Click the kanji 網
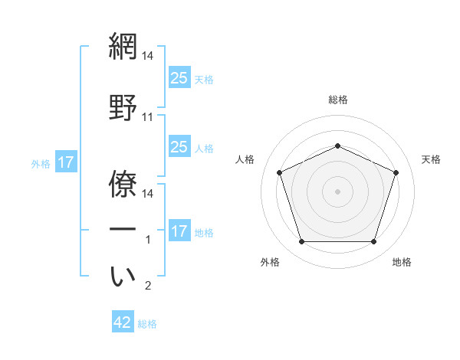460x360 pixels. tap(123, 47)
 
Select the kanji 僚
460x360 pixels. tap(123, 177)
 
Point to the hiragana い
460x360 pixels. tap(123, 277)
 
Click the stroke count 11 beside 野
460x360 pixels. tap(148, 117)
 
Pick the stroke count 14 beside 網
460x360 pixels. tap(148, 56)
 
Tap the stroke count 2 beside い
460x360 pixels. tap(148, 286)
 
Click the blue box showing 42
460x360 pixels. tap(123, 322)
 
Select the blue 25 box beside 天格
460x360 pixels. tap(179, 78)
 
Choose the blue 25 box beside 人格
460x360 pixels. tap(179, 147)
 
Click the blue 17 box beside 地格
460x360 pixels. tap(179, 231)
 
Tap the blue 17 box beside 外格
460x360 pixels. tap(65, 162)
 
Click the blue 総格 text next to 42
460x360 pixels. tap(147, 324)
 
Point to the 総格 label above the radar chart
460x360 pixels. tap(338, 100)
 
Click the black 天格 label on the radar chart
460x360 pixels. tap(431, 159)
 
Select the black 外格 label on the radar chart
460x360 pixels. tap(270, 262)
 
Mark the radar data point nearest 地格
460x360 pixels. tap(373, 242)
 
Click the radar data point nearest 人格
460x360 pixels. tap(279, 172)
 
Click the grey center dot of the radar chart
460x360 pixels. tap(338, 191)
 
